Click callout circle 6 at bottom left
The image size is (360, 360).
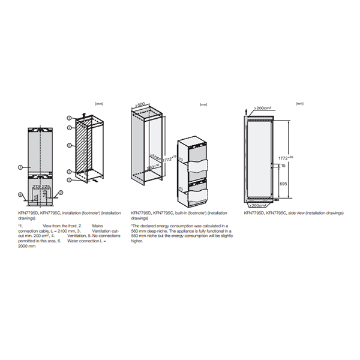(x=20, y=194)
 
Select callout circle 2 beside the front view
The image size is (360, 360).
(x=61, y=193)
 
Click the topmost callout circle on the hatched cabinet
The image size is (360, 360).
(x=70, y=118)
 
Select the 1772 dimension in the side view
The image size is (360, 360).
(x=278, y=160)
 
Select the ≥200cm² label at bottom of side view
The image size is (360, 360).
(x=259, y=205)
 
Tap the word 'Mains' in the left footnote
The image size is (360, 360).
(x=97, y=226)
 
